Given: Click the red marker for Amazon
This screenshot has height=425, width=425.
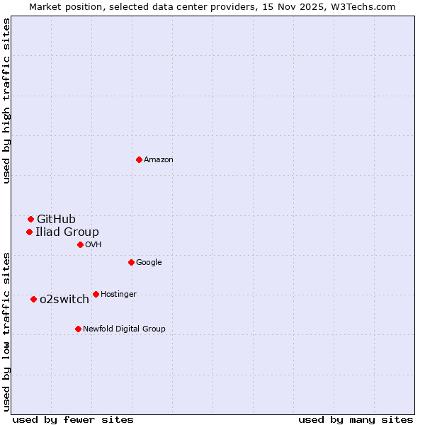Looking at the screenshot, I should pos(139,159).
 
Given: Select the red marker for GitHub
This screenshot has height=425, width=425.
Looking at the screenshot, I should pos(30,219).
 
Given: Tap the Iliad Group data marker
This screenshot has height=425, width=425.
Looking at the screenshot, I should pos(29,232).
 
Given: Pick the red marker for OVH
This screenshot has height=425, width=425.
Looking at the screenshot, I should pos(80,244).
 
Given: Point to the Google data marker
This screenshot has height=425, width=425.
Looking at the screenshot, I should pos(131,262).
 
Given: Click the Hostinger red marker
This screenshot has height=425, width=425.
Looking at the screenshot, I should pos(96,294).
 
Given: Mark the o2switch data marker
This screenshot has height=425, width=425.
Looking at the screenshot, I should pos(33,299).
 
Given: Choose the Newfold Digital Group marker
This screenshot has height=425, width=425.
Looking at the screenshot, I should pos(78,329).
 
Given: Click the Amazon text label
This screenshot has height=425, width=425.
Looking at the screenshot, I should pos(159,160).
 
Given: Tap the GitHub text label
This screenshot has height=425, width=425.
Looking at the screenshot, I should pos(56,219).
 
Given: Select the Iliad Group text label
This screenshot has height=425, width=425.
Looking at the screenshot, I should pos(67,232).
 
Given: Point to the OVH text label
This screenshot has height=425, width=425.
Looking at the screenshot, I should pos(93,245).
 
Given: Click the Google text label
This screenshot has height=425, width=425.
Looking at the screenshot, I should pos(149,263).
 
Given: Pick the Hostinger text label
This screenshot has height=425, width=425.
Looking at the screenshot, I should pos(118,295).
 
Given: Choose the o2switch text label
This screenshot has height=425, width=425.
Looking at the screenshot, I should pos(64,299).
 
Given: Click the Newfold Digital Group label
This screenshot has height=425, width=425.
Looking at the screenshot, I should pos(124,329).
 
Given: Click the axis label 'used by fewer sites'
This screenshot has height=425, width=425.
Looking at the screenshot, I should pos(73,419).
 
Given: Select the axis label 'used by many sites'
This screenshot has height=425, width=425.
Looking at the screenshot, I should pos(356,419).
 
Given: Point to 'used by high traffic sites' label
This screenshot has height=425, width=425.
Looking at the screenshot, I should pos(6,101).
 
